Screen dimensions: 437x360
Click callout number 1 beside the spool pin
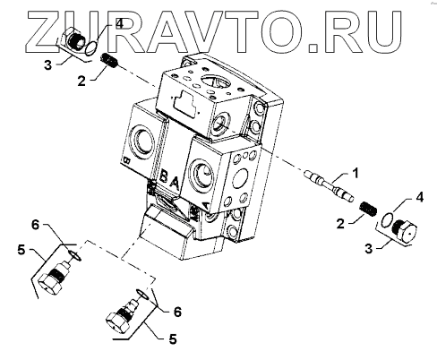click(356, 173)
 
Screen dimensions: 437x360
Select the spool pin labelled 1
click(329, 185)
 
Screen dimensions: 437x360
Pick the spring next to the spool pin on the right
click(367, 210)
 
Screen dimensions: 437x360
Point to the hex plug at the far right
click(403, 231)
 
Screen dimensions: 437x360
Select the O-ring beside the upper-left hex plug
click(91, 48)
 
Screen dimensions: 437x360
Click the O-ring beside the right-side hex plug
click(388, 219)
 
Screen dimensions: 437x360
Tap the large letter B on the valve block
click(164, 176)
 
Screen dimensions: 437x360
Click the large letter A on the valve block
click(175, 183)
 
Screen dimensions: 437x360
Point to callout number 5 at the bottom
click(173, 339)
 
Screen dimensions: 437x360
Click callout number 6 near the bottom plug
click(177, 313)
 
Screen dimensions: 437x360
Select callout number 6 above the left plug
click(35, 225)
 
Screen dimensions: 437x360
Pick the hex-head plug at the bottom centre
click(123, 315)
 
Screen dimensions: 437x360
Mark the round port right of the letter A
click(203, 176)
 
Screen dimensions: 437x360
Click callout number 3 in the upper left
click(47, 64)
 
